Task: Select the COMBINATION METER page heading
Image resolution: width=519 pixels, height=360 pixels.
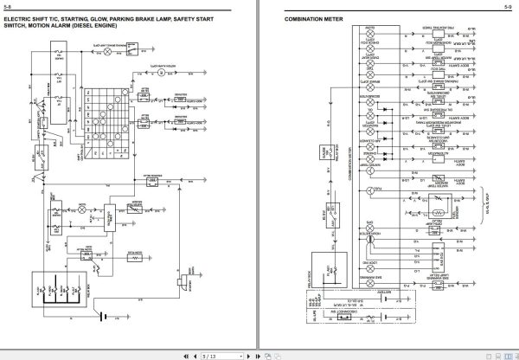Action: (317, 20)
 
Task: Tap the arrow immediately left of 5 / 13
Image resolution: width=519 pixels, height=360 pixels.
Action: (191, 353)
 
